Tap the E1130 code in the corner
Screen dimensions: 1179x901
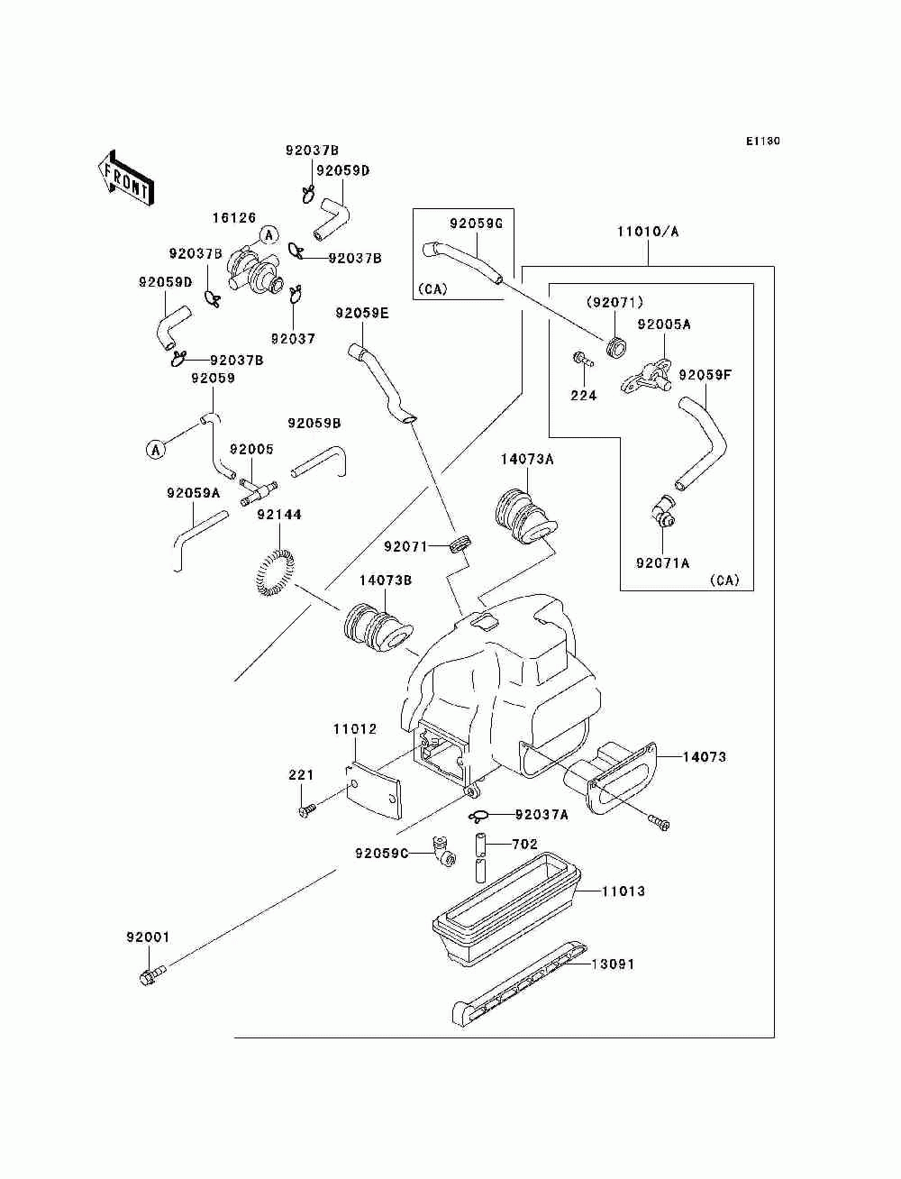pos(762,141)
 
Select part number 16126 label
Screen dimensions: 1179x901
pos(234,218)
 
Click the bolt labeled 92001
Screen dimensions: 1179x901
pos(152,974)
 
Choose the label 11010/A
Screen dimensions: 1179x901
pos(648,232)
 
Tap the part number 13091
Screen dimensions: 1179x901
pos(613,964)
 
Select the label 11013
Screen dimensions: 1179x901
pos(623,891)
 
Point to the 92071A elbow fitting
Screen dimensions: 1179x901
pos(666,511)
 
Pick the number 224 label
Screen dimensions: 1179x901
pos(583,395)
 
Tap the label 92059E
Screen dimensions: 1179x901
pos(362,314)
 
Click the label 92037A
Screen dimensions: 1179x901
pos(542,815)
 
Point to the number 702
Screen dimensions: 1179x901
pos(524,845)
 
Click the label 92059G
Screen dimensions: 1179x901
pos(477,223)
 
